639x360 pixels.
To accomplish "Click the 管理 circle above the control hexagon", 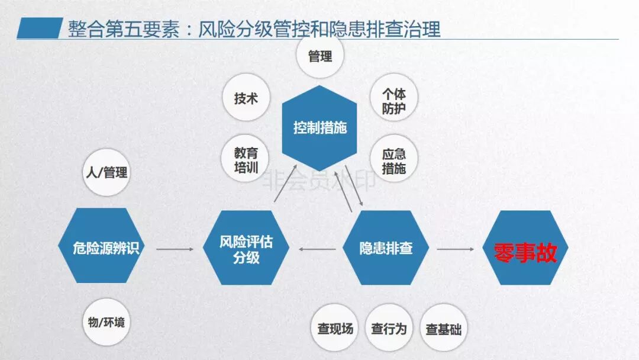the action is [x=320, y=56].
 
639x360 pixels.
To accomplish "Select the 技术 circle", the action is [x=246, y=98].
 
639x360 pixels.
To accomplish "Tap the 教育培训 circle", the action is [x=246, y=158].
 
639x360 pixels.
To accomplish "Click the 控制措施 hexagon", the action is [x=319, y=128].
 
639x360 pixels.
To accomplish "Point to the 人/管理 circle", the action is [x=106, y=173].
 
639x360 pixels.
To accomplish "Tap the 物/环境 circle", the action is [x=106, y=323].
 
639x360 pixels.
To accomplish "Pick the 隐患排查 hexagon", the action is [x=386, y=248].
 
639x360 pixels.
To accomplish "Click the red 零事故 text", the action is [x=525, y=253].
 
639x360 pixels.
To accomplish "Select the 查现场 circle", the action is [x=335, y=329].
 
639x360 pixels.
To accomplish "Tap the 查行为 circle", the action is [x=389, y=329].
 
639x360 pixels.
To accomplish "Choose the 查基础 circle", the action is [x=443, y=329].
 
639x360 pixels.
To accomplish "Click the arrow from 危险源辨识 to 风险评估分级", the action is [x=175, y=249].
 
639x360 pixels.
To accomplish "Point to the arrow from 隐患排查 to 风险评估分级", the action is [x=317, y=249].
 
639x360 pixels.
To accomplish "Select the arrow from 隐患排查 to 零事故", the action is [x=456, y=249].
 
